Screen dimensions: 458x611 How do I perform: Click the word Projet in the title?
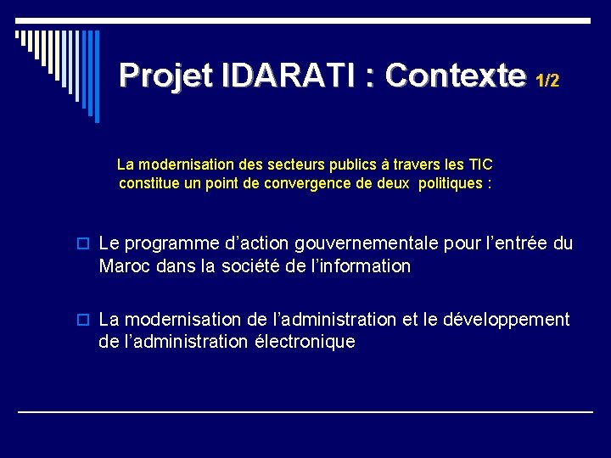166,75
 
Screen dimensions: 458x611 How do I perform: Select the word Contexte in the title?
455,75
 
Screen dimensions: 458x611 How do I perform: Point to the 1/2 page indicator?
547,81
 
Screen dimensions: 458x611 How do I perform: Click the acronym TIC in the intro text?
479,164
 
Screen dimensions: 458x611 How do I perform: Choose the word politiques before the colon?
446,183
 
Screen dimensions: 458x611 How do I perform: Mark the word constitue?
149,183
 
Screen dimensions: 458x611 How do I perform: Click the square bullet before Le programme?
86,244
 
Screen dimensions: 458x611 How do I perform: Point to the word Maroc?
124,266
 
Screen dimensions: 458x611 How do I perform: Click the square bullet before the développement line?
86,320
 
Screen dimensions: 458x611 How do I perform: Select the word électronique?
305,342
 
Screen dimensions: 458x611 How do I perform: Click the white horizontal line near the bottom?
305,411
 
